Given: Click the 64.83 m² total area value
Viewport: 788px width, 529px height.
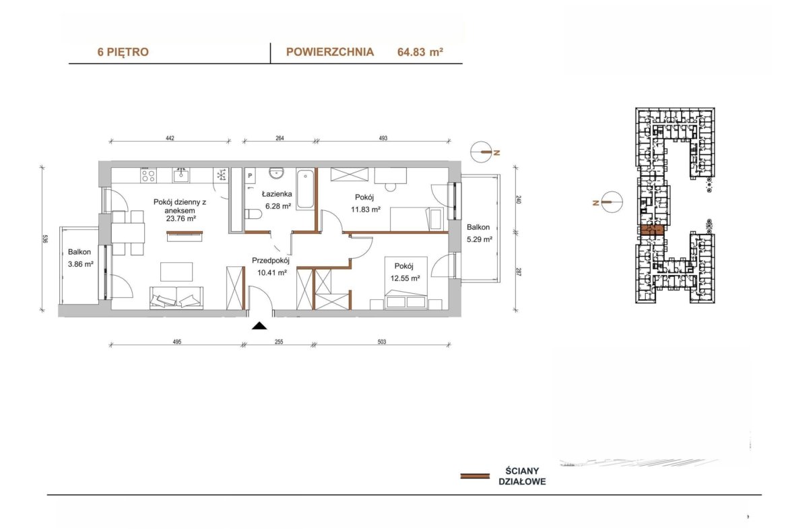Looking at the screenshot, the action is [x=420, y=52].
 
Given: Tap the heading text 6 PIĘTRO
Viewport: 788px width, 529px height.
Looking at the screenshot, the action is [x=123, y=52].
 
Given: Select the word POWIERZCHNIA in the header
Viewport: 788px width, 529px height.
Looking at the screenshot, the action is [x=329, y=52].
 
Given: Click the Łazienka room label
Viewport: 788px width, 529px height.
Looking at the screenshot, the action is [x=277, y=193].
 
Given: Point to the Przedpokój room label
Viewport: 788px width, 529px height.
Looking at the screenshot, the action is [x=270, y=261].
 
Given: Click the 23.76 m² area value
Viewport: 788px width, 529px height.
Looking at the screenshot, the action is [x=180, y=219].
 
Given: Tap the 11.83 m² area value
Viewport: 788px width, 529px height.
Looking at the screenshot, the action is [x=365, y=209].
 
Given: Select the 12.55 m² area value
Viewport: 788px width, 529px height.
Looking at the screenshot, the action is [x=405, y=278].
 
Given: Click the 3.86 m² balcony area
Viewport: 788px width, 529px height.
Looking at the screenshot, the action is [x=80, y=263].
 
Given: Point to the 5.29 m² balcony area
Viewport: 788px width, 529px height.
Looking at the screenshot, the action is [x=479, y=239].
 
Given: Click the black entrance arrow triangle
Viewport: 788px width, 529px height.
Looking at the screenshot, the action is [x=259, y=326].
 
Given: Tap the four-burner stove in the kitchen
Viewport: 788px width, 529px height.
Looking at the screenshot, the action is [x=148, y=175].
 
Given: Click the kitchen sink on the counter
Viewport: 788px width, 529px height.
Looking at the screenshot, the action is [x=181, y=175].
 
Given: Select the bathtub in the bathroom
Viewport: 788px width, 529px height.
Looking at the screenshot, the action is [x=305, y=189].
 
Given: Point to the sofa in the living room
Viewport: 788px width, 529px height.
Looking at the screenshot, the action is [x=176, y=298].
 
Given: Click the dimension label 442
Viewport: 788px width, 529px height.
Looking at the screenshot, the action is [x=170, y=137].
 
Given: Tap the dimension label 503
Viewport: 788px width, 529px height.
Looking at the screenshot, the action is [x=382, y=342].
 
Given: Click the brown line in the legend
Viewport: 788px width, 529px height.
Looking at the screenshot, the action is [x=475, y=476].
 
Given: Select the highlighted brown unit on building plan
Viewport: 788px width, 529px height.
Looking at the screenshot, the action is [x=652, y=230].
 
